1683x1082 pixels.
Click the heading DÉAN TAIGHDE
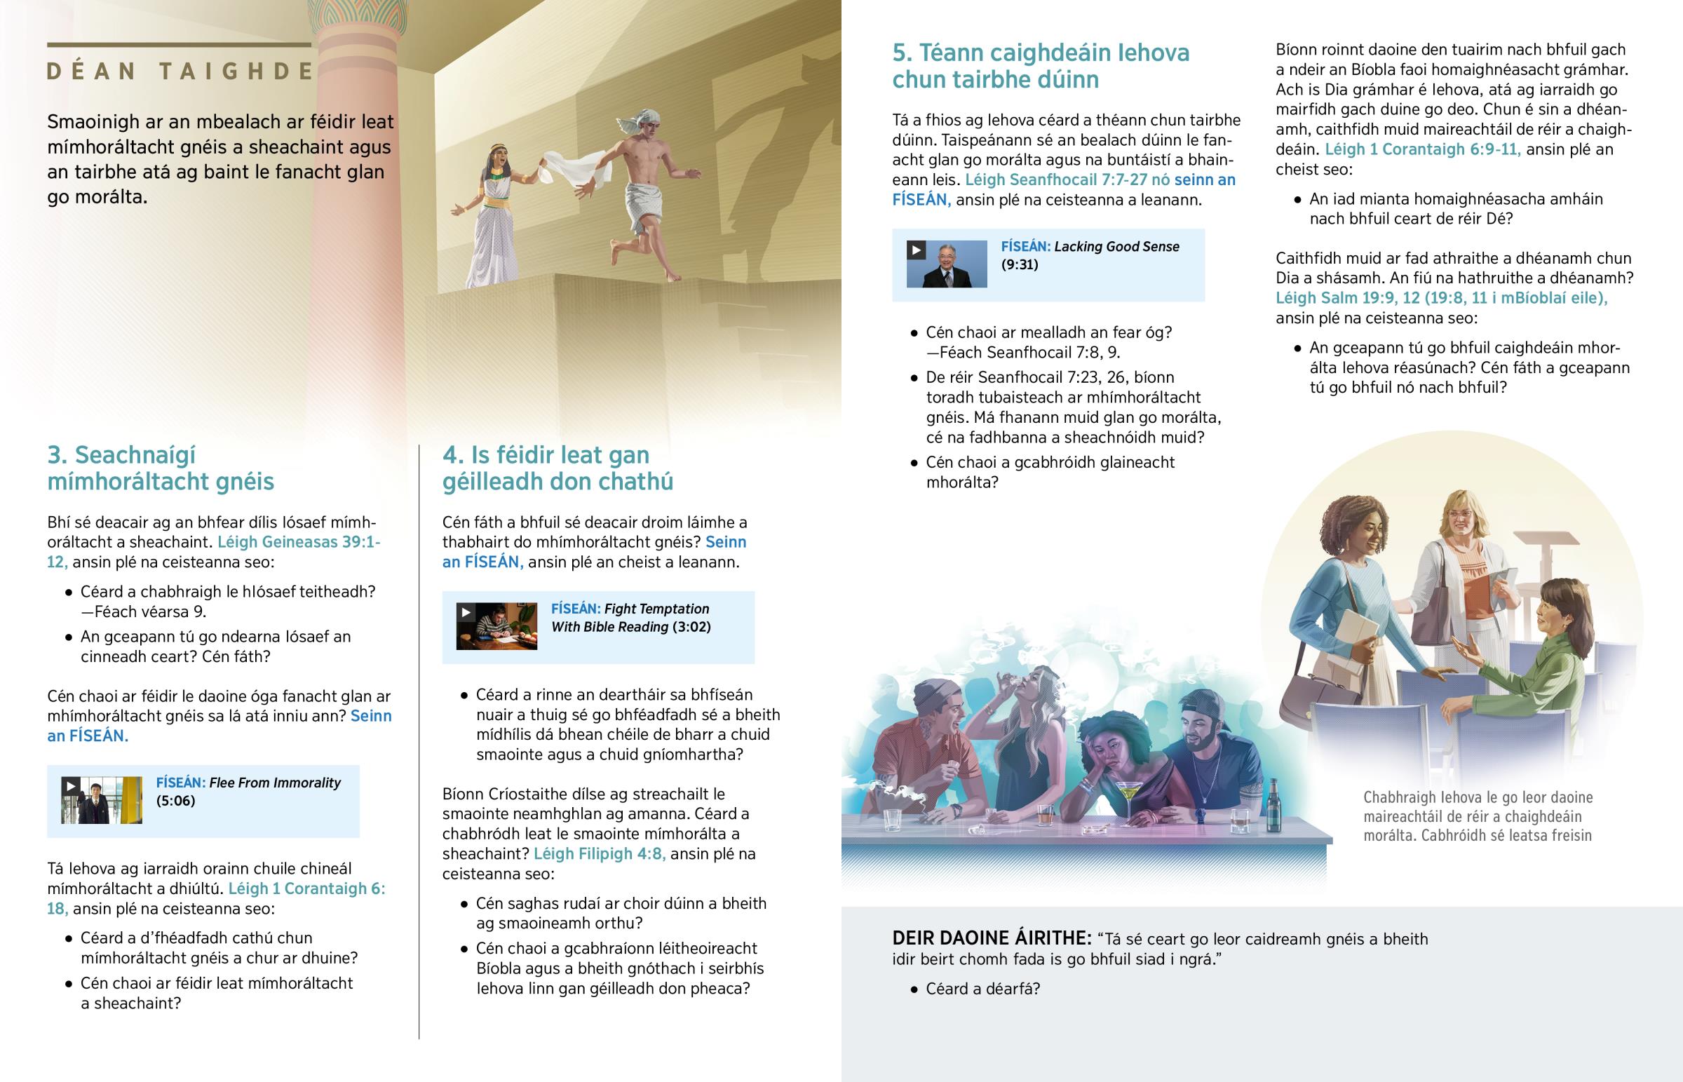point(180,71)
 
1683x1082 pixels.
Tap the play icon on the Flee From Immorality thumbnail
point(70,786)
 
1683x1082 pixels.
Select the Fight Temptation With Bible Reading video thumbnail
point(496,626)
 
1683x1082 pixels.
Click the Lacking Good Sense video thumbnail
point(946,264)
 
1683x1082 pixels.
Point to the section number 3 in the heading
point(56,455)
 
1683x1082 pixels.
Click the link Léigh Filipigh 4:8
point(599,853)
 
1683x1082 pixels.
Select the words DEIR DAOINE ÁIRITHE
point(991,939)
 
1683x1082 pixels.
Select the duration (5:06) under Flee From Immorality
point(175,801)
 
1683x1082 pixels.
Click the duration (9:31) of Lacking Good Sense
point(1019,265)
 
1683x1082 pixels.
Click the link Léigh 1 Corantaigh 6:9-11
point(1422,149)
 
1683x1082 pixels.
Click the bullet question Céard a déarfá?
point(982,989)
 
